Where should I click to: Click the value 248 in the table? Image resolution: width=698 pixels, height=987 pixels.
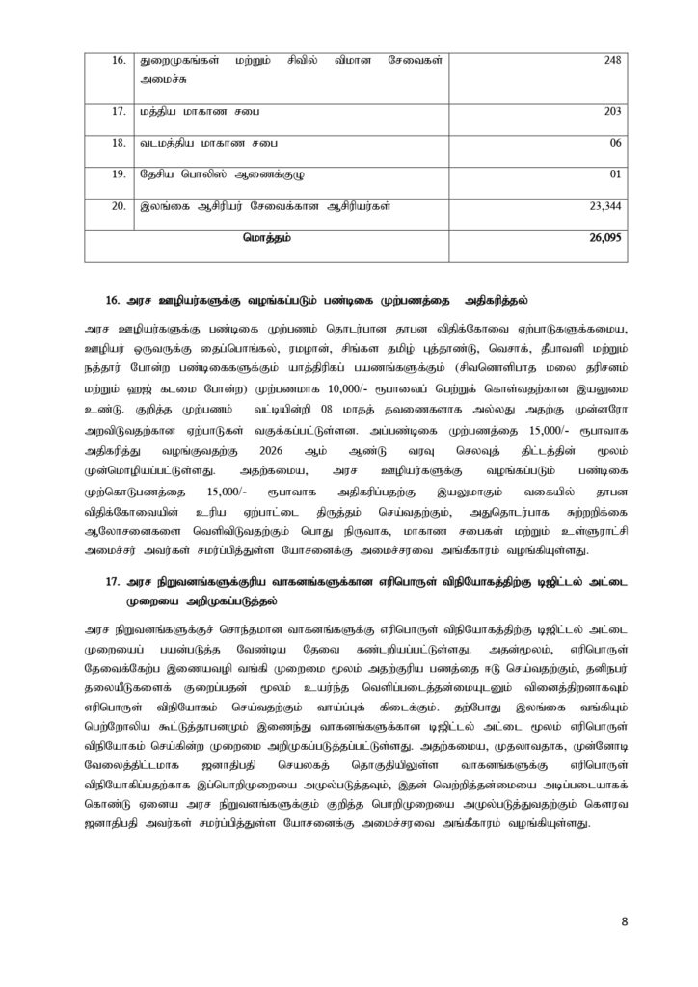pyautogui.click(x=612, y=60)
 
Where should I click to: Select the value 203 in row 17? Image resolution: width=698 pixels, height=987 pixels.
pyautogui.click(x=612, y=111)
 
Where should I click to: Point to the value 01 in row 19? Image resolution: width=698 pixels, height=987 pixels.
pyautogui.click(x=616, y=174)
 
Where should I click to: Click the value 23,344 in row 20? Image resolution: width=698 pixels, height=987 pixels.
pyautogui.click(x=605, y=206)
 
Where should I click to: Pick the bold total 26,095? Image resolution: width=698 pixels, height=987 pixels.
pyautogui.click(x=604, y=237)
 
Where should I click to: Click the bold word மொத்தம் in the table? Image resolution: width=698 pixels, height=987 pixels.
pyautogui.click(x=267, y=237)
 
